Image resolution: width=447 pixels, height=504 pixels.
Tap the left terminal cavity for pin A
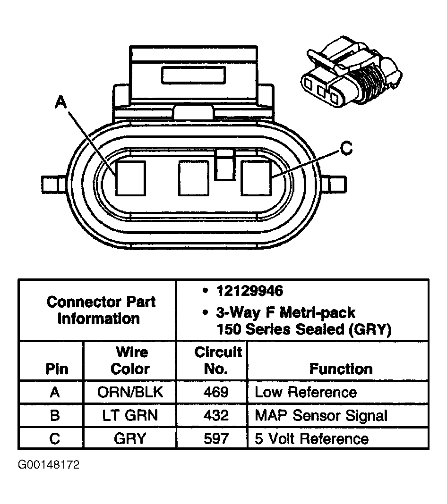click(131, 178)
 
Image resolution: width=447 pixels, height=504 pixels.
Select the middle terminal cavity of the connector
click(193, 178)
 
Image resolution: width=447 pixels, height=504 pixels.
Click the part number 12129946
click(249, 291)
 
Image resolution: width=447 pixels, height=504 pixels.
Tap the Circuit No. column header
click(217, 361)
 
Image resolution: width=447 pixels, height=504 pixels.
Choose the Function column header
click(341, 369)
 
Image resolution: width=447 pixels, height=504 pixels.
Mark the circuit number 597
click(217, 438)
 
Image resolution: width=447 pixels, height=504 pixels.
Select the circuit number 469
click(217, 392)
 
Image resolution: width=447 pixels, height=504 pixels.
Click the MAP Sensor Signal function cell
click(321, 415)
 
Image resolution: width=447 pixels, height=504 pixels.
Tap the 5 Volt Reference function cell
click(311, 438)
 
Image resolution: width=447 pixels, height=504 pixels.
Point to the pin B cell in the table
click(54, 415)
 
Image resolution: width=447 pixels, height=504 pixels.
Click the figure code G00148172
click(49, 465)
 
